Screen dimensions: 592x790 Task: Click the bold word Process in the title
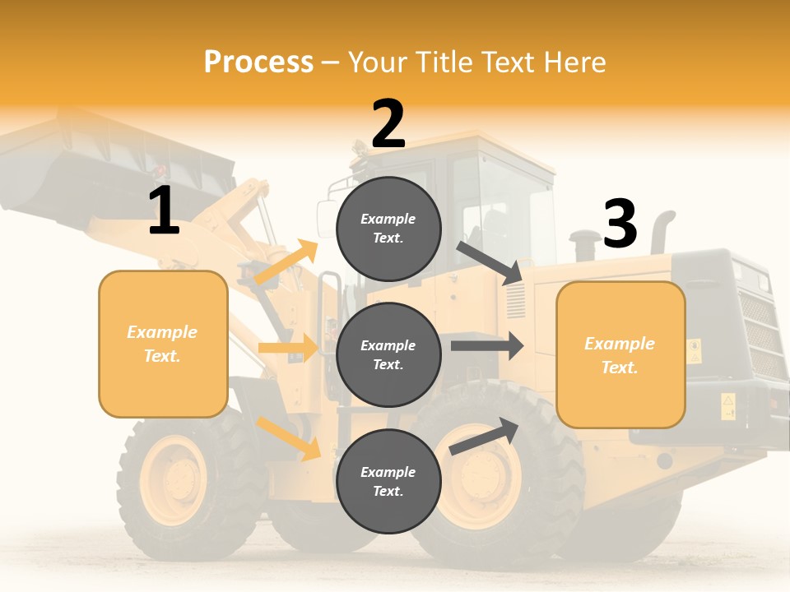pos(258,62)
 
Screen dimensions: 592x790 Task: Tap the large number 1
pos(164,211)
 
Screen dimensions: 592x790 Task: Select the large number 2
pos(388,124)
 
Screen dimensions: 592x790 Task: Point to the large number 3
pos(620,224)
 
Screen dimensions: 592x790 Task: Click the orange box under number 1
pos(163,344)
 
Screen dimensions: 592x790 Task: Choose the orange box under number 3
pos(620,354)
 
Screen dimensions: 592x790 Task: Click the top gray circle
pos(388,229)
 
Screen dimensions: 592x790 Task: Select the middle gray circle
pos(388,354)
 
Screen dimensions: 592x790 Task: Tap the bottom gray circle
pos(388,481)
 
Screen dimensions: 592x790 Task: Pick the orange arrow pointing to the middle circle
pos(288,348)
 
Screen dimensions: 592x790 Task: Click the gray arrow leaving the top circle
pos(489,262)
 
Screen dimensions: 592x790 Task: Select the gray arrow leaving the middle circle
pos(487,346)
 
